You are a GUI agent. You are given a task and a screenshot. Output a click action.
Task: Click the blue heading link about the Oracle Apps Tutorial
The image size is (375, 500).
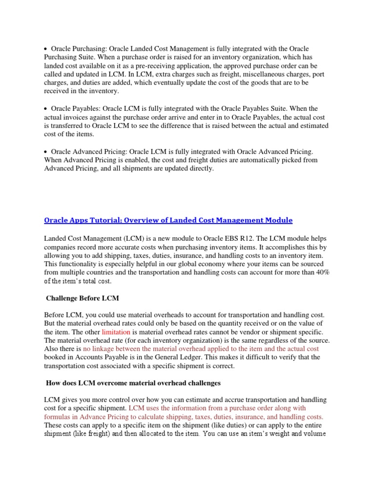pos(168,220)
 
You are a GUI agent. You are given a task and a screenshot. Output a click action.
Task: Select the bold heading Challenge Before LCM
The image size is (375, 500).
pos(83,298)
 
